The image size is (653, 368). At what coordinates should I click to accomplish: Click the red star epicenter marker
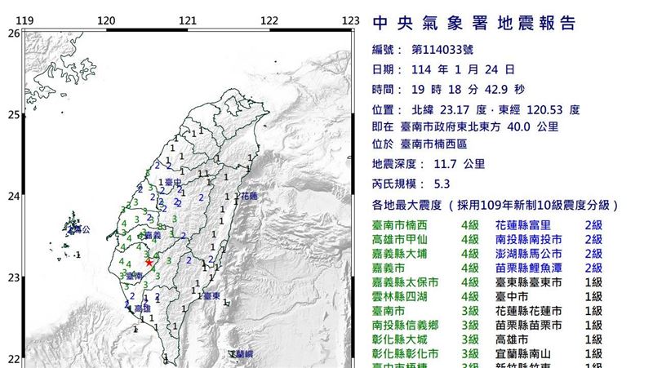[x=149, y=262]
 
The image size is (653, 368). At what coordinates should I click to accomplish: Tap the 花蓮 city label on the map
[x=249, y=197]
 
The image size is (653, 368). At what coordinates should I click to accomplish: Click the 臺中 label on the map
[x=171, y=183]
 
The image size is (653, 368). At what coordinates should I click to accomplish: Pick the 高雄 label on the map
[x=142, y=308]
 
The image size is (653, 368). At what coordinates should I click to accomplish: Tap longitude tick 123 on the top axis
[x=351, y=20]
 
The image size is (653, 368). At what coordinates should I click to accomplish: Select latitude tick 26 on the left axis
[x=13, y=33]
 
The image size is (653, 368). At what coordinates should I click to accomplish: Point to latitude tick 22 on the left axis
[x=13, y=358]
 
